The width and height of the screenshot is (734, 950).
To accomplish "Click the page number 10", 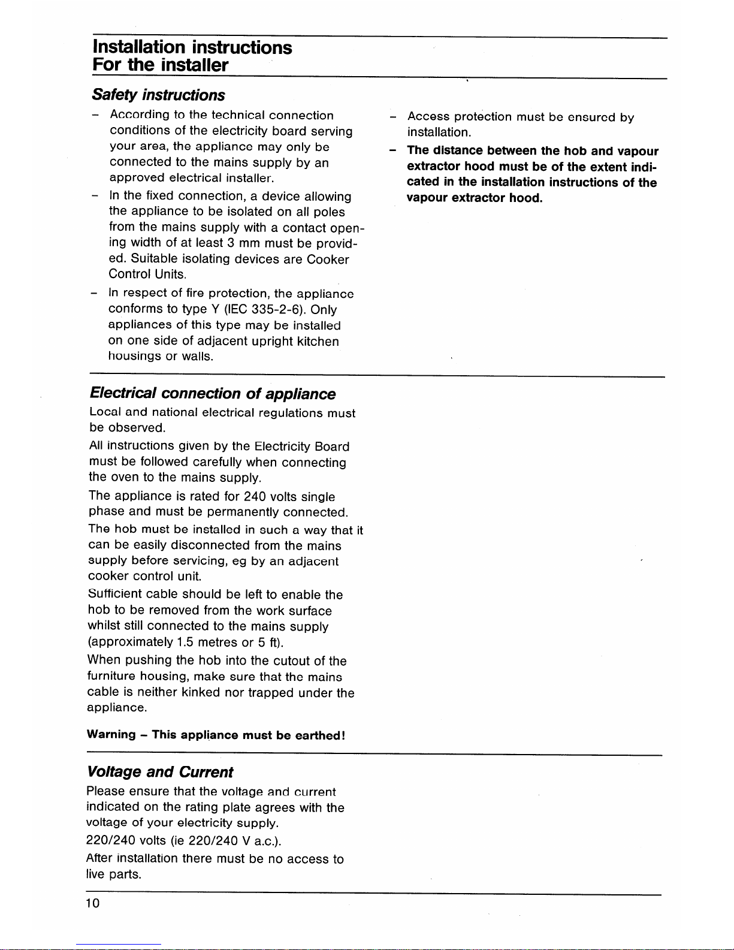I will point(93,904).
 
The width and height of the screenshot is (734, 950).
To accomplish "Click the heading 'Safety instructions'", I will point(158,95).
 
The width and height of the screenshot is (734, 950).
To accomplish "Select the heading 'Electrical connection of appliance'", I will point(212,394).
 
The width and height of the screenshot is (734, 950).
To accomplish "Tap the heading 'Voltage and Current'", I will point(160,772).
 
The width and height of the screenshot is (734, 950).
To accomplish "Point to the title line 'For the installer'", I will point(160,65).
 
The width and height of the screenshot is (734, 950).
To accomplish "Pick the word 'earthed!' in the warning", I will point(321,735).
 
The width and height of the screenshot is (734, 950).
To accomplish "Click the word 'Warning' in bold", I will point(111,735).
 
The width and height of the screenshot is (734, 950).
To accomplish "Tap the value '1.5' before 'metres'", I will point(185,643).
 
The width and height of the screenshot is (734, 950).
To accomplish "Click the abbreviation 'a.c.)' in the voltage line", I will point(267,841).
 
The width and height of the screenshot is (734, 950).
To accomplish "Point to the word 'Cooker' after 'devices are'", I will point(328,260).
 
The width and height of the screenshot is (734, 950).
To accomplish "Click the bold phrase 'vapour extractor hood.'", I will point(475,198).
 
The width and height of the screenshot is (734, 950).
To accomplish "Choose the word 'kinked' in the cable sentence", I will point(201,693).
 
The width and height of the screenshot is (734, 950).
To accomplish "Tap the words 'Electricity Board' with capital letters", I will point(301,447).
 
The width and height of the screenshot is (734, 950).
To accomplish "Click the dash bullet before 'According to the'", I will point(95,115).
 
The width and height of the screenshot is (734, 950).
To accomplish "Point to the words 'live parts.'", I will point(114,874).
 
